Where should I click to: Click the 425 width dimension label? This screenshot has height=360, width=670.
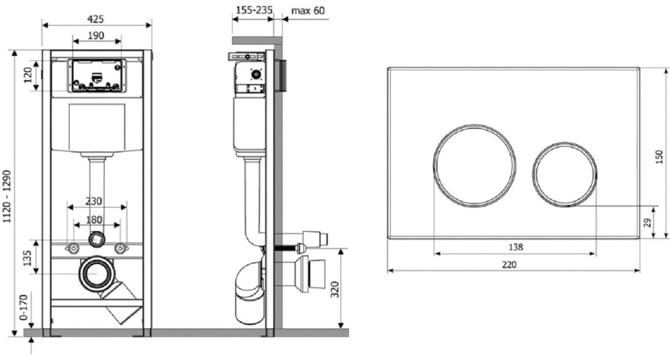coord(95,20)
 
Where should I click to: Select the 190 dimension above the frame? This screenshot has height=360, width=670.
coord(96,36)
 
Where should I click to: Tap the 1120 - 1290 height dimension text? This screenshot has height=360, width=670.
coord(7,196)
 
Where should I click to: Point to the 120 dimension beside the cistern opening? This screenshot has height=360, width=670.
coord(28,75)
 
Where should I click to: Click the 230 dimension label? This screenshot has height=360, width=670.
coord(94,201)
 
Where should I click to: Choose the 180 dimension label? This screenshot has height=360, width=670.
coord(94,220)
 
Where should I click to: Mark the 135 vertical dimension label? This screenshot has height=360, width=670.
coord(27,258)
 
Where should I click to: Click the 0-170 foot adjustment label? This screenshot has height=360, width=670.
coord(23,308)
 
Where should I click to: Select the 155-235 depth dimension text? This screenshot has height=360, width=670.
coord(254,11)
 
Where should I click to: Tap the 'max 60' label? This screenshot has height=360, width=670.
coord(308,11)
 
